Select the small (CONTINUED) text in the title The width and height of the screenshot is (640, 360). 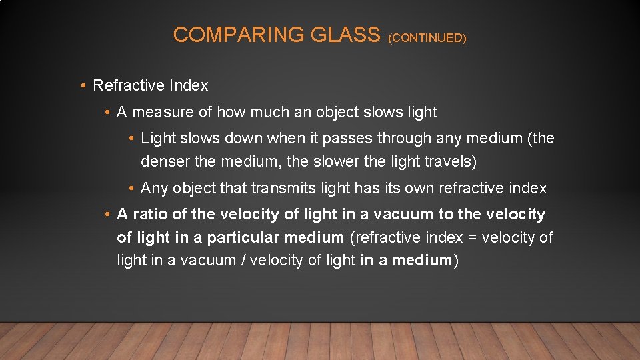tap(427, 38)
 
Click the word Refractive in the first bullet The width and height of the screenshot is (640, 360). tap(129, 85)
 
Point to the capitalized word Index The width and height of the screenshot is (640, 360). tap(189, 85)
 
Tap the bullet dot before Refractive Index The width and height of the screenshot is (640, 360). tap(82, 86)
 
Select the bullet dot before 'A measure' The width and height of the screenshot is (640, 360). tap(107, 113)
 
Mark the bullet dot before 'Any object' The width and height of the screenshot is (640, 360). tap(132, 189)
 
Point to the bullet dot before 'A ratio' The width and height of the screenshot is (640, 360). tap(107, 215)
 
